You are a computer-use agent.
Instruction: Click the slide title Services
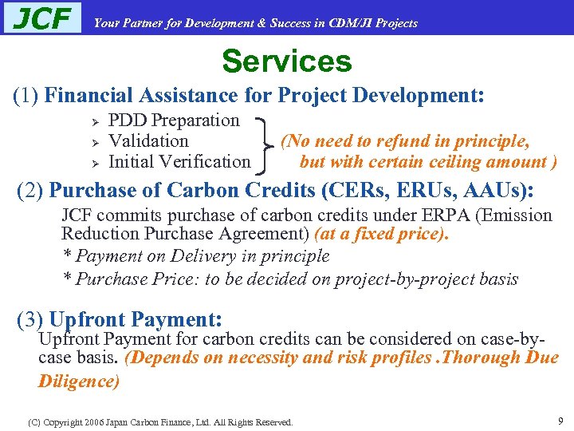[286, 61]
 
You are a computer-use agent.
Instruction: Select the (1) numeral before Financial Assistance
[26, 96]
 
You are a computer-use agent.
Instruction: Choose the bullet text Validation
[148, 141]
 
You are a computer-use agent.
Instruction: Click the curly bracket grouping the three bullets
[265, 141]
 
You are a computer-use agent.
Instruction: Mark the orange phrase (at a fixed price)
[382, 235]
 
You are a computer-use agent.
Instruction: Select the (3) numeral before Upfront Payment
[29, 320]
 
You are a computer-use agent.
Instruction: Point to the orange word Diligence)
[79, 381]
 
